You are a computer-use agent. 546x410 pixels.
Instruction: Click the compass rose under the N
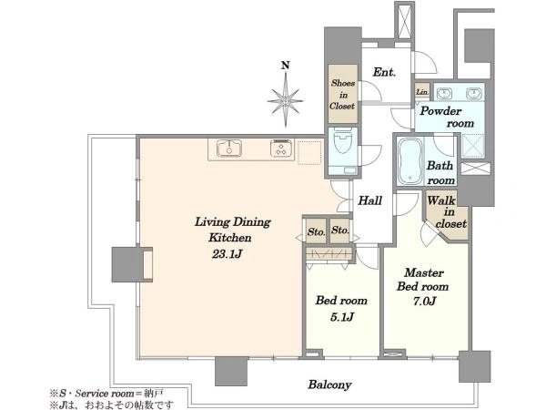(x=286, y=100)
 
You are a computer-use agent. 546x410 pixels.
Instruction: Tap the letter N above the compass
(x=286, y=66)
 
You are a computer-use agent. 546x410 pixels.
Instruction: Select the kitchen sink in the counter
(x=229, y=148)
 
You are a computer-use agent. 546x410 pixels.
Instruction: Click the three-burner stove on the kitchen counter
(x=280, y=148)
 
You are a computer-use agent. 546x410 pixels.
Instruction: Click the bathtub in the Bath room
(x=410, y=160)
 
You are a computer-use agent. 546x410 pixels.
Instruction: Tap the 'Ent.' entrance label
(x=384, y=73)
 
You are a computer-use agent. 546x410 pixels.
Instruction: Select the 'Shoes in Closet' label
(x=343, y=95)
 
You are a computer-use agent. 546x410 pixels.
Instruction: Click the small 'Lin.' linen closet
(x=422, y=92)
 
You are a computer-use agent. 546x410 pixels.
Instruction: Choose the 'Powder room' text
(x=447, y=118)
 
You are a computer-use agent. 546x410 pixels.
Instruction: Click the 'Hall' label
(x=369, y=200)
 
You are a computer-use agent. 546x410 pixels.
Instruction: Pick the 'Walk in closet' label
(x=447, y=211)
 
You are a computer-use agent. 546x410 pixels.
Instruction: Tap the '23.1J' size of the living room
(x=227, y=254)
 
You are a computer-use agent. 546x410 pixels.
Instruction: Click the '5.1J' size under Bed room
(x=341, y=317)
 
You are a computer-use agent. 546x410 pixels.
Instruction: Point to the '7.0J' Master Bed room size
(x=424, y=301)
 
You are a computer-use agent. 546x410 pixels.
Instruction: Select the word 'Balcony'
(x=329, y=384)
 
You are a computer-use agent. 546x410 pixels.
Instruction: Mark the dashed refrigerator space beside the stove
(x=309, y=153)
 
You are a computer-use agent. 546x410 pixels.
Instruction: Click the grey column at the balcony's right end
(x=474, y=366)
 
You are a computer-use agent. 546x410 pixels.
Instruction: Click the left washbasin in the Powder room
(x=444, y=93)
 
